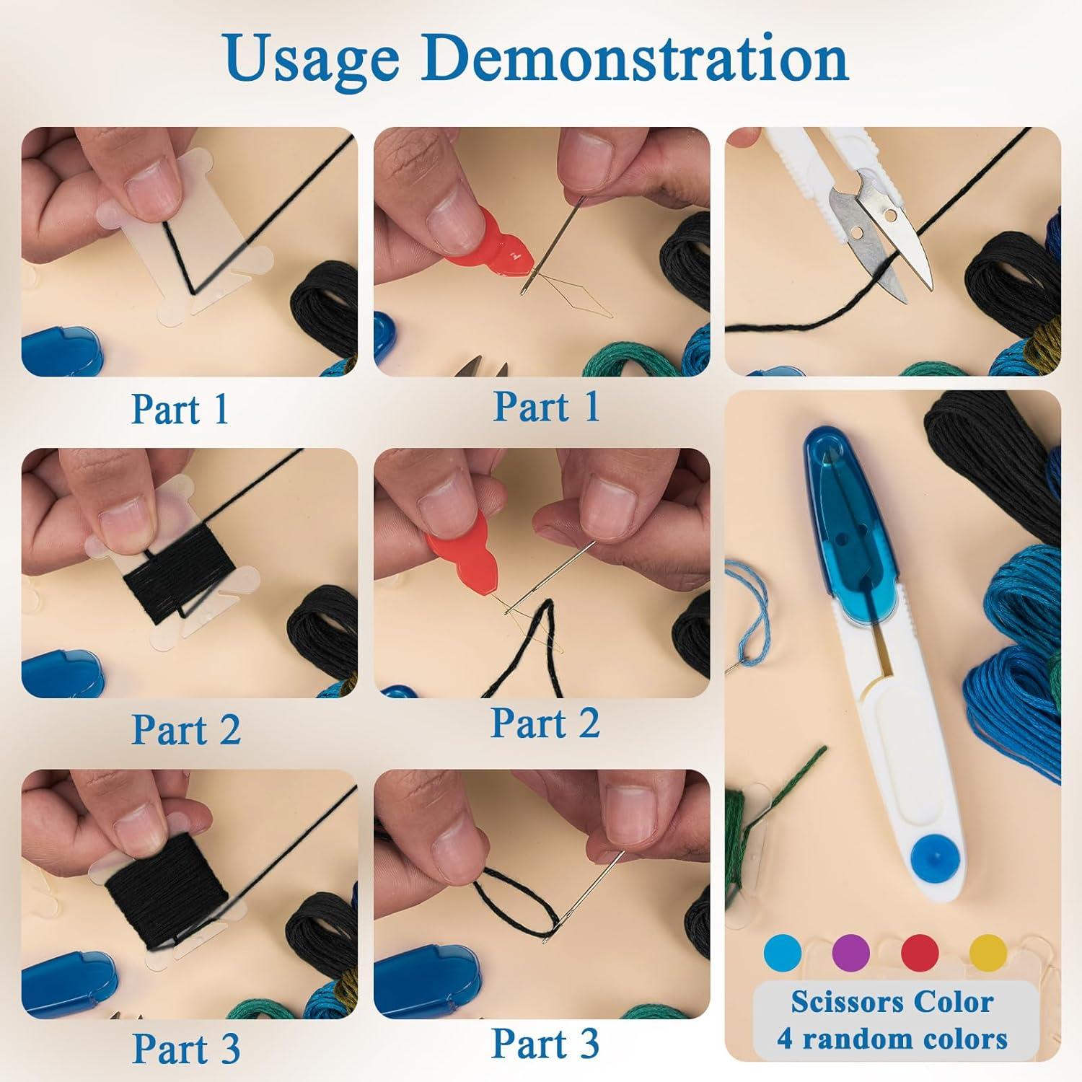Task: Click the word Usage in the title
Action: click(x=312, y=61)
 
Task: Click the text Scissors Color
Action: click(x=892, y=1002)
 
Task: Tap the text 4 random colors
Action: click(x=892, y=1039)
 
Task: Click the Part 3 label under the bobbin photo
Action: click(x=186, y=1048)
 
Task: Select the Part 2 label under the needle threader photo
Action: click(x=545, y=723)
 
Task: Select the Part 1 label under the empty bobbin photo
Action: click(x=180, y=409)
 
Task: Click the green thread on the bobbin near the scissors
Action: click(x=750, y=801)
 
